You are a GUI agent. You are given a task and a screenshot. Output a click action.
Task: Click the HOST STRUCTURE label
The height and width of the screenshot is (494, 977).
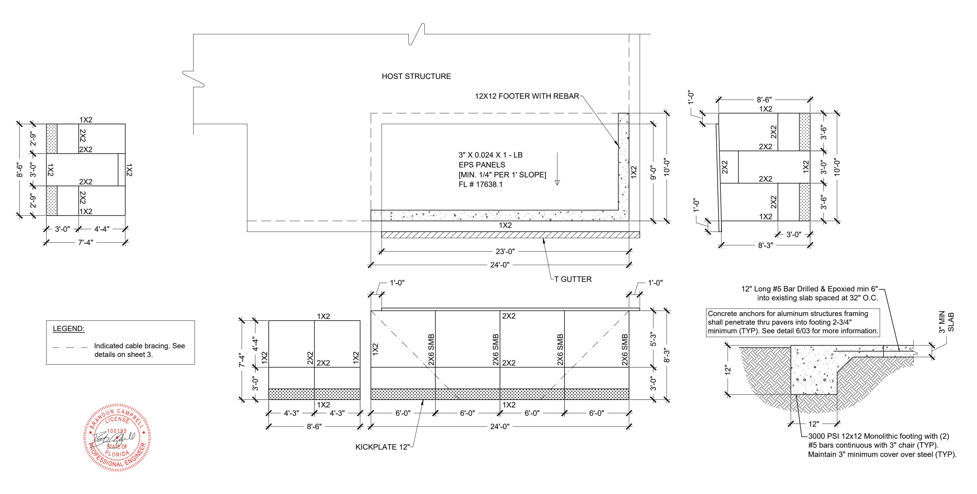coord(416,76)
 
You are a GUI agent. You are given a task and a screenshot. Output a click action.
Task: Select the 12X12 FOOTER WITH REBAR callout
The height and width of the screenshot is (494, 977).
coord(527,96)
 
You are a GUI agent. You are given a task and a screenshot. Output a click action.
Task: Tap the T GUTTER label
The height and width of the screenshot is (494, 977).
coord(573,279)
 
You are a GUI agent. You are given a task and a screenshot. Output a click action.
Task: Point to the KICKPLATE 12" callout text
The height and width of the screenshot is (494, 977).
coord(382,447)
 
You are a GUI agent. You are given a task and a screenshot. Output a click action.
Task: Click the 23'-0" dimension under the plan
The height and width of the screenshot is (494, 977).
coord(505,251)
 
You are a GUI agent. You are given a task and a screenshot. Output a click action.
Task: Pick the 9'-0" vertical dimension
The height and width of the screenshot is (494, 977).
coord(653,172)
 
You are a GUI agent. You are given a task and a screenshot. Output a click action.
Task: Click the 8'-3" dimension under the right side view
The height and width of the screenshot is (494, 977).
coord(765,245)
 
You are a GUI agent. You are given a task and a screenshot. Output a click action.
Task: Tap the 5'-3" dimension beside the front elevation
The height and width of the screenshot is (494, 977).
coord(653,339)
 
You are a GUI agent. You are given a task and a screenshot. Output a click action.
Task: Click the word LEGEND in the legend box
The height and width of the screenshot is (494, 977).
coord(68,328)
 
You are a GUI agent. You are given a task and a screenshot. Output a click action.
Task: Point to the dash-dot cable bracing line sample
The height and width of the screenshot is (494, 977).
coord(70,347)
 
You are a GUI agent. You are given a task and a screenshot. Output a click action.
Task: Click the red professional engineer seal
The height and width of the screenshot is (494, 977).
coord(117,437)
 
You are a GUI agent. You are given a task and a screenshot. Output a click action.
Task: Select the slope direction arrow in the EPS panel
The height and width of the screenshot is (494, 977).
coord(557,169)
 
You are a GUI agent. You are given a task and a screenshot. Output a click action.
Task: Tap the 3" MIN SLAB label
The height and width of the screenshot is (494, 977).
coord(946,322)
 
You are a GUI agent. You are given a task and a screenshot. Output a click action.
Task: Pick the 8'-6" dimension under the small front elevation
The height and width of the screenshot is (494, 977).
coord(314,426)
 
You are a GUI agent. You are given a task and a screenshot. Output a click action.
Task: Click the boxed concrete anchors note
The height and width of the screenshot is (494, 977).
coord(793,322)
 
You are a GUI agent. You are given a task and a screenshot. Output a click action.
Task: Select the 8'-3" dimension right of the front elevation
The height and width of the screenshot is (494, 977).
coord(666,355)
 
